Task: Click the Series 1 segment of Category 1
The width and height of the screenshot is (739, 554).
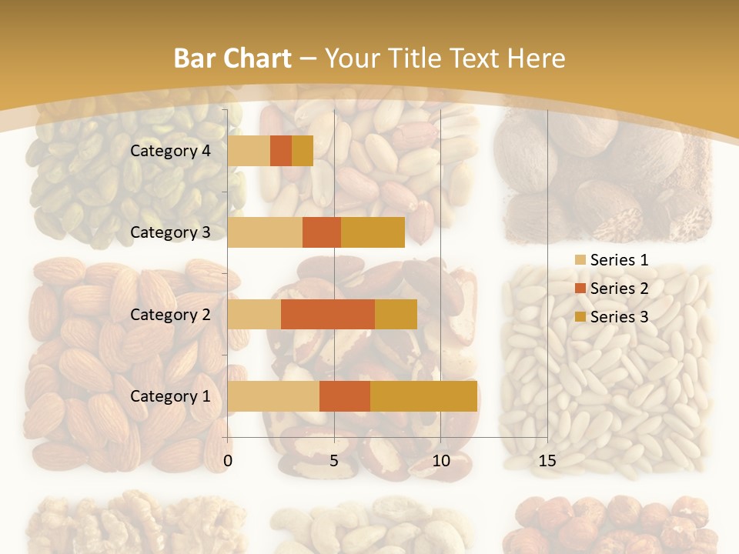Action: [273, 396]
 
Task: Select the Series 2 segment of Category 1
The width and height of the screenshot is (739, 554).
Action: [345, 396]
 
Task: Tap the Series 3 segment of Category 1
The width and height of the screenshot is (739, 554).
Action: [423, 396]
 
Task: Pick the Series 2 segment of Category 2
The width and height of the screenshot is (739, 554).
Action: [328, 314]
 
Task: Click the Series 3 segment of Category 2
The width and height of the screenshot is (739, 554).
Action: [396, 314]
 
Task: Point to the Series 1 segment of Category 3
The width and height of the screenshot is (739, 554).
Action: [265, 232]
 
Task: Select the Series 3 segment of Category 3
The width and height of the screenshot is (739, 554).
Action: [373, 232]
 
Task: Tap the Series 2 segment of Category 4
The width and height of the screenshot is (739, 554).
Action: [281, 151]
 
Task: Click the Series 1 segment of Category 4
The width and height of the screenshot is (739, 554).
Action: [249, 151]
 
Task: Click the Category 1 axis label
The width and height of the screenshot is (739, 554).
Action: [170, 396]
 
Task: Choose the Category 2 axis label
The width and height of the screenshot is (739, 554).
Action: [170, 314]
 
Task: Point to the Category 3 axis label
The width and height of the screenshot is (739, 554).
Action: [170, 232]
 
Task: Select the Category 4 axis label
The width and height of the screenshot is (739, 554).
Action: [170, 151]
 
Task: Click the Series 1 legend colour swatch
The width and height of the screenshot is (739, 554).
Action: [580, 260]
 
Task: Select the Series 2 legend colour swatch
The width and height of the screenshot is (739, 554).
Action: [580, 289]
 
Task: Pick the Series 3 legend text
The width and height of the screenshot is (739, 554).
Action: [619, 317]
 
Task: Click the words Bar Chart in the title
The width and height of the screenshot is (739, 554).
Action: [232, 58]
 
